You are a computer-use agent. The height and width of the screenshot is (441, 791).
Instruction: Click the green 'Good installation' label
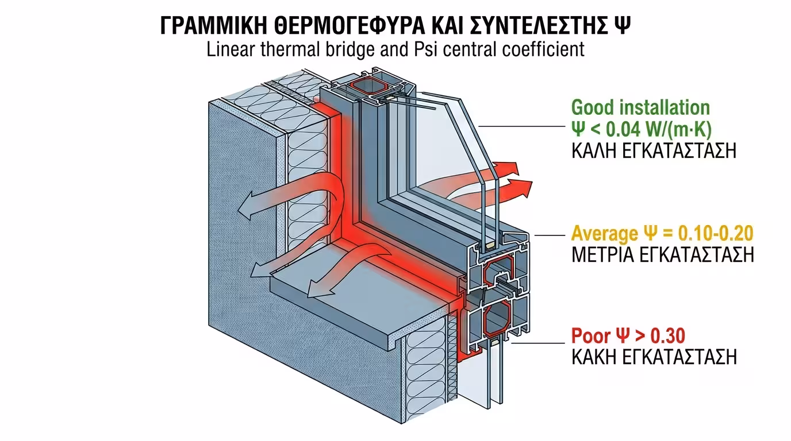pos(640,107)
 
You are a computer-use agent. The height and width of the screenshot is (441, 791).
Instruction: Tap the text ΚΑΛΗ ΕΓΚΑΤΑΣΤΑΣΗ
pos(654,151)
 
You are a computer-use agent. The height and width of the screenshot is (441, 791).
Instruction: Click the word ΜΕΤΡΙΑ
pos(603,256)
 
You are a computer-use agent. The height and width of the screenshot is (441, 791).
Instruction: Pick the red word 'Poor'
pos(591,335)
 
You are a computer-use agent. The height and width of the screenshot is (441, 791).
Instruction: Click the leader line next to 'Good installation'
pos(520,126)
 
